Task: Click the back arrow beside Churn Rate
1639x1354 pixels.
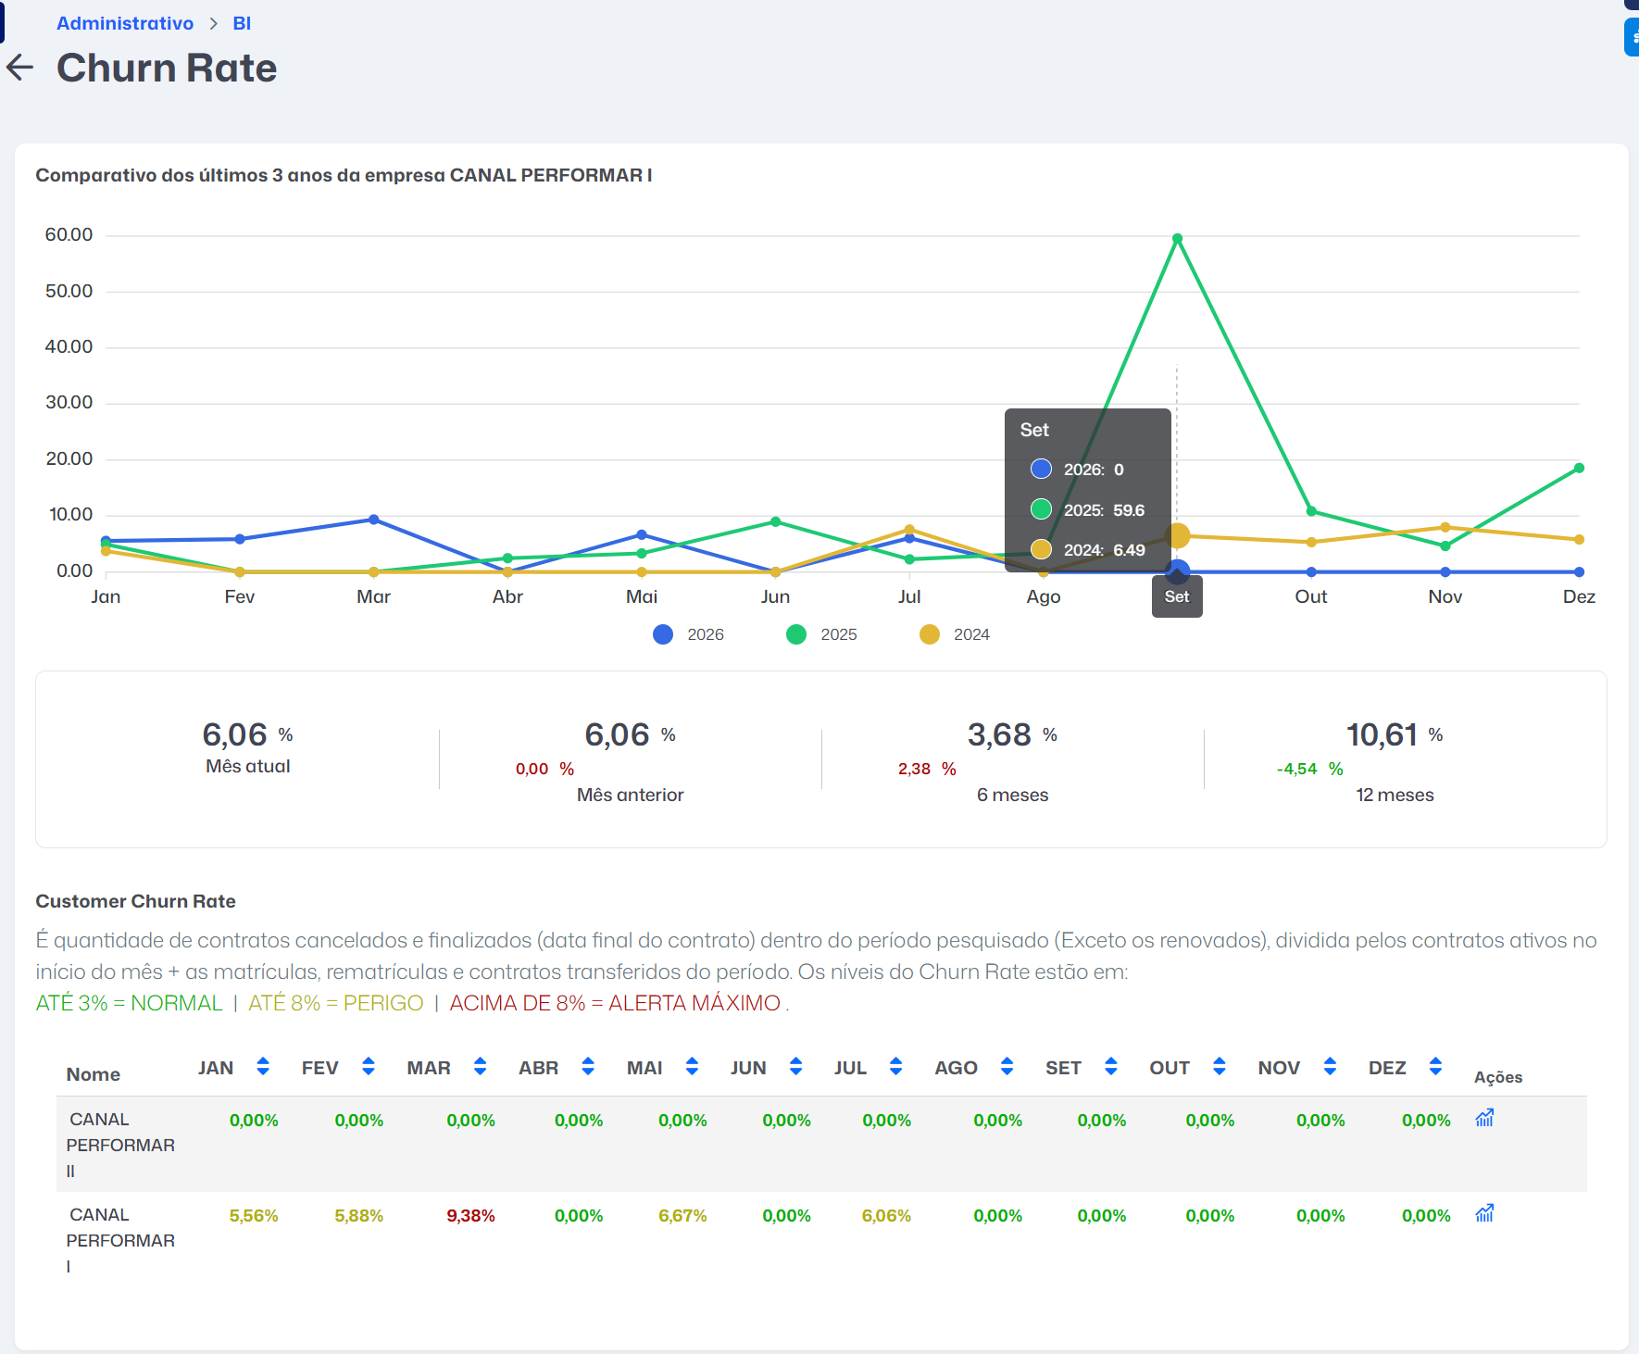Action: (x=19, y=67)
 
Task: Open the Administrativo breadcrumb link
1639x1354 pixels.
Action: (x=125, y=23)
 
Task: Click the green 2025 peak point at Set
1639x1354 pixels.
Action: (x=1177, y=239)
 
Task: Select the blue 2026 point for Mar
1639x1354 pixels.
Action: (x=373, y=520)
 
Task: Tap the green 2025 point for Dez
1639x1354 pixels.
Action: (x=1579, y=469)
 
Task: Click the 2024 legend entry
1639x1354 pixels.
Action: (x=955, y=634)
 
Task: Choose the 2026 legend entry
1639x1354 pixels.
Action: (x=688, y=634)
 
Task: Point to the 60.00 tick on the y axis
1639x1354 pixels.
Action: (x=69, y=235)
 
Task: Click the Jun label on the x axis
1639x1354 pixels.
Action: (x=775, y=597)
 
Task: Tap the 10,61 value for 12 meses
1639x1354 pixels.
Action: (x=1382, y=735)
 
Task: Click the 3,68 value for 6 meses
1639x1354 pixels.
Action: (x=999, y=735)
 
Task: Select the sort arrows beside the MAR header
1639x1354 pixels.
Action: (x=480, y=1067)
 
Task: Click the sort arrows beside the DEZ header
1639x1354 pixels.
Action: (x=1435, y=1067)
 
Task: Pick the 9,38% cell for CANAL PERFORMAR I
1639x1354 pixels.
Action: (x=470, y=1216)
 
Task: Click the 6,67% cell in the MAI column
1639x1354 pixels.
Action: (x=682, y=1216)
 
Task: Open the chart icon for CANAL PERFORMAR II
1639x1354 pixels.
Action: (x=1484, y=1118)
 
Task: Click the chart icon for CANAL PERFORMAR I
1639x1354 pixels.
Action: (x=1484, y=1213)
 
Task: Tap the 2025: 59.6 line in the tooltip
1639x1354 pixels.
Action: (x=1088, y=510)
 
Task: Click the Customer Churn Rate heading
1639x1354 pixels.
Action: (x=135, y=901)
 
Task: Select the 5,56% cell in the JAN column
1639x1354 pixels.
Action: (x=254, y=1216)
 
